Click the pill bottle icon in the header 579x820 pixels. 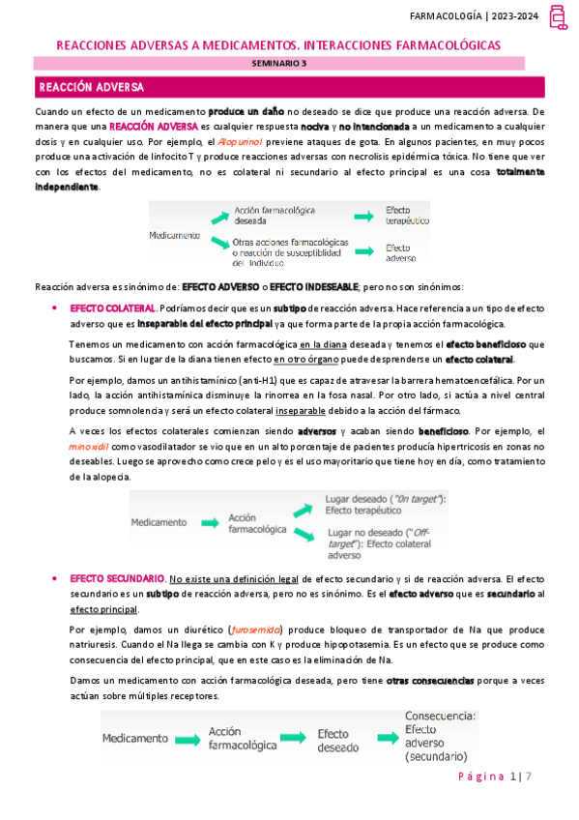coord(558,17)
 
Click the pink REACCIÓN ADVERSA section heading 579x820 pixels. coord(92,88)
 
